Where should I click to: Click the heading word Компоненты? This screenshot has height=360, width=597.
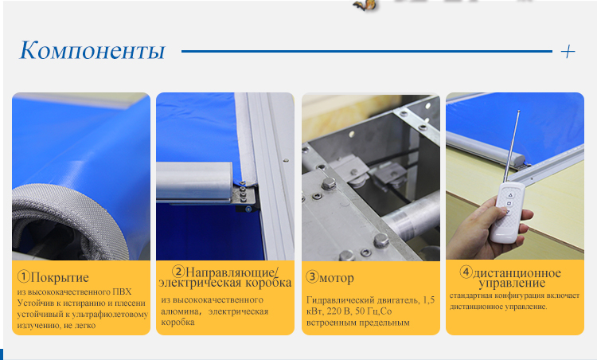[92, 50]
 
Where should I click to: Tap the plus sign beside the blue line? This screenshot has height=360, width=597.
[568, 52]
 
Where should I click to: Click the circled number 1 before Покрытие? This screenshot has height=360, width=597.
[24, 276]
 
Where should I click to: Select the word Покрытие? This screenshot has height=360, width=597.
[60, 277]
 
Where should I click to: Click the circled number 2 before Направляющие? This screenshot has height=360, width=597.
[178, 272]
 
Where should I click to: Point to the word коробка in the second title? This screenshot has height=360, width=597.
[268, 283]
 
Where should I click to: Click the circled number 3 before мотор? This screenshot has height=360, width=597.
[312, 276]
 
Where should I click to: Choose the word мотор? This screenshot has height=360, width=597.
[337, 278]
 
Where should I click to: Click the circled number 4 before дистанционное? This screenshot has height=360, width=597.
[466, 272]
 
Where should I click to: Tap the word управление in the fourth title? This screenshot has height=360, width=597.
[512, 283]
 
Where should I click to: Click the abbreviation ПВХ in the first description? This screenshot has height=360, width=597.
[122, 292]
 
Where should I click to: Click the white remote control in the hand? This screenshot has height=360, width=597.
[508, 212]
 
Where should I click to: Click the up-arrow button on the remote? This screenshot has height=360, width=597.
[511, 195]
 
